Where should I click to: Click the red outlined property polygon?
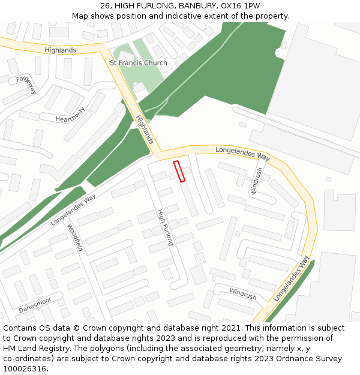point(179,171)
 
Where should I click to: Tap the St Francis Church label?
point(139,63)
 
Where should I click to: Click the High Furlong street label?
point(165,227)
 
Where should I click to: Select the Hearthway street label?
point(70,115)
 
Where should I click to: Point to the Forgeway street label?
point(27,85)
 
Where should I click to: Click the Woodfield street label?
point(74,238)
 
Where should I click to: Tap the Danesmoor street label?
point(35,305)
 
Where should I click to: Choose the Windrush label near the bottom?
point(242,294)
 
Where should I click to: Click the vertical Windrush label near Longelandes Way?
point(257,181)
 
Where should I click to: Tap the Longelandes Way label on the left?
point(73,209)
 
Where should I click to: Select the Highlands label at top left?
point(60,50)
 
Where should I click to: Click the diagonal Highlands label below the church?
point(145,130)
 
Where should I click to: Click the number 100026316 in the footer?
point(25,369)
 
